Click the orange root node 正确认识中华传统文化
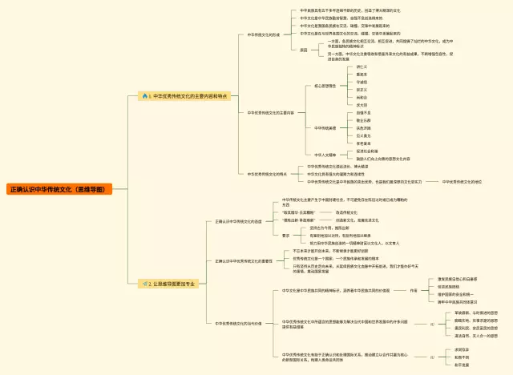pos(59,189)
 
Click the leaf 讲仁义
pos(362,67)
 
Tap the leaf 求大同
pos(362,104)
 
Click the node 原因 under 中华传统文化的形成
pos(304,50)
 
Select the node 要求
pos(286,235)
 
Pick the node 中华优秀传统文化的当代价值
pos(238,323)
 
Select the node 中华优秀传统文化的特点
pos(267,174)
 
